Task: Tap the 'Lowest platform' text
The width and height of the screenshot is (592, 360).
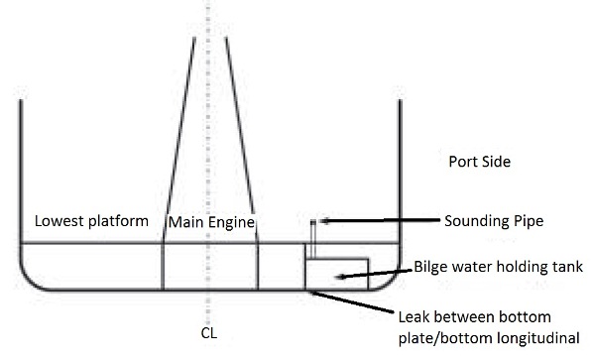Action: [91, 220]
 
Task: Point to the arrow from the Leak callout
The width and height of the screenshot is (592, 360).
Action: [357, 303]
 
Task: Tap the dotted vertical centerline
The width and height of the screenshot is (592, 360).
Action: [208, 119]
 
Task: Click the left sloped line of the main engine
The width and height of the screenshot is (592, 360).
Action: [178, 139]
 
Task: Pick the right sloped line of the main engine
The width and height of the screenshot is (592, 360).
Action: [239, 139]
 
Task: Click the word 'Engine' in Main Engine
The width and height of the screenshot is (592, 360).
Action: [232, 221]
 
